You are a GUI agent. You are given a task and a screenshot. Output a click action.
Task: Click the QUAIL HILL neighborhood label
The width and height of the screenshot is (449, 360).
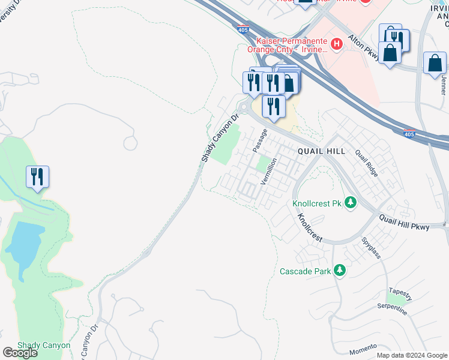321,151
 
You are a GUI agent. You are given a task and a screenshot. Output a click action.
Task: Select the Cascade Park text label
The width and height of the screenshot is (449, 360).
306,271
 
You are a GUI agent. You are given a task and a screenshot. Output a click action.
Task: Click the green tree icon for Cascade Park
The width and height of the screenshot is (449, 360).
340,271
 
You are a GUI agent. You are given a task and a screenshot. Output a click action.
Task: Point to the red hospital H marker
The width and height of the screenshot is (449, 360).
336,44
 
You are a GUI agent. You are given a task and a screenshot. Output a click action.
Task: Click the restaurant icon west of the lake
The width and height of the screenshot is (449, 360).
37,177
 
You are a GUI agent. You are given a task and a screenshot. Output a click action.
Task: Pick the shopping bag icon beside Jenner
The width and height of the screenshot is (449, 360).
435,64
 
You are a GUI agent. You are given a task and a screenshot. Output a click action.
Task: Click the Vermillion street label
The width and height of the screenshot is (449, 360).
270,171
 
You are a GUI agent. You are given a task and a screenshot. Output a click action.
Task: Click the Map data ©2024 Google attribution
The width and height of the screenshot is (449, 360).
411,355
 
